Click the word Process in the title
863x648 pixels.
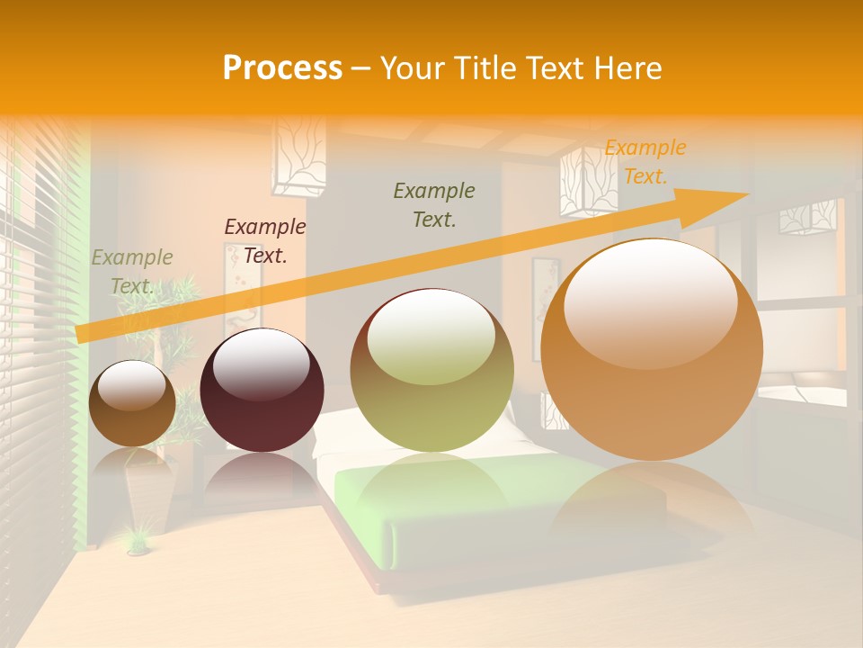282,68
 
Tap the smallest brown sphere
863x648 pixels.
133,403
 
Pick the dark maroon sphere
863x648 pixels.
262,391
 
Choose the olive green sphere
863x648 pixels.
431,370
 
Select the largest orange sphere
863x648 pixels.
652,349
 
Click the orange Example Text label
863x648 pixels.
645,162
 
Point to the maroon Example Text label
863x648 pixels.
265,241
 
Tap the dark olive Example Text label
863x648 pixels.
434,205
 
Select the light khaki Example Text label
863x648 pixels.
132,272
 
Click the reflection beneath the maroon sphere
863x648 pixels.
261,477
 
